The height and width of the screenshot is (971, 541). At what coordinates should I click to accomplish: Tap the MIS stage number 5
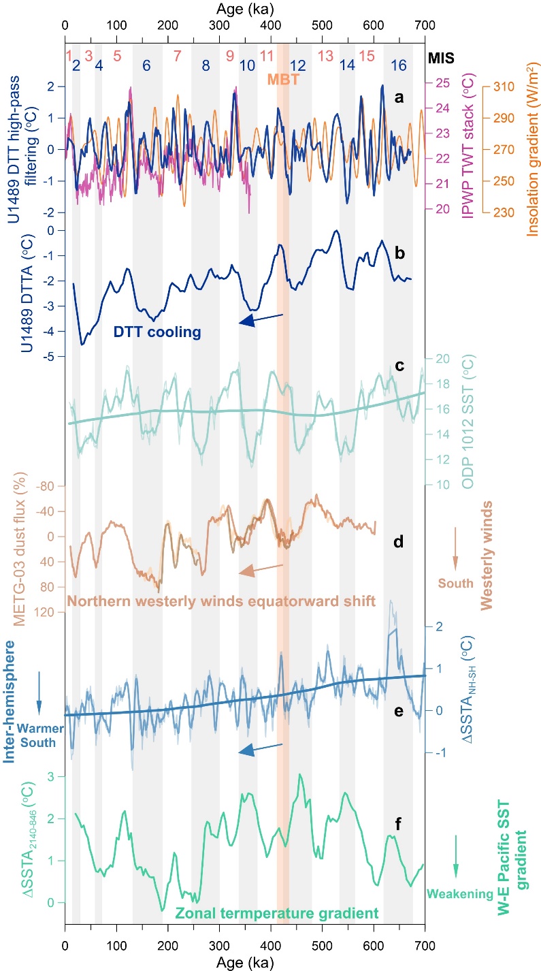coord(117,54)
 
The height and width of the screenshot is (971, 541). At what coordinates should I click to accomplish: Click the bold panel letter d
coord(399,541)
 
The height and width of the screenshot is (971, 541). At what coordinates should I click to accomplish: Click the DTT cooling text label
coord(157,333)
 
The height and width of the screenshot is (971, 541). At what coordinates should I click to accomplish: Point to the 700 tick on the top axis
coord(425,28)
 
